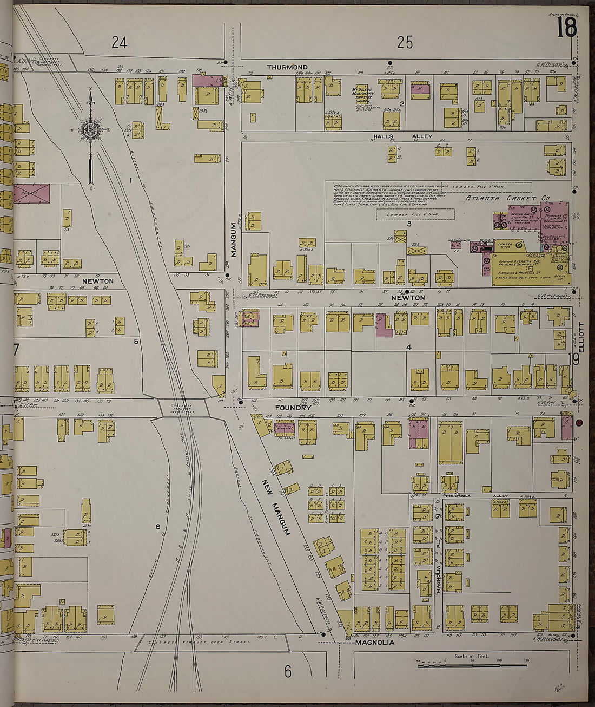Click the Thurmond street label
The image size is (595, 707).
(287, 67)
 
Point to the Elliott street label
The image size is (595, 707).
(582, 338)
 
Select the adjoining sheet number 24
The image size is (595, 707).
(119, 43)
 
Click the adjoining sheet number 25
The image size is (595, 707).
(405, 42)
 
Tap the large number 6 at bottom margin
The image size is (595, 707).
(288, 672)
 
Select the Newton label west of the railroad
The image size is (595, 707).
(98, 281)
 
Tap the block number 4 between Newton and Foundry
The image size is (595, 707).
(409, 347)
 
